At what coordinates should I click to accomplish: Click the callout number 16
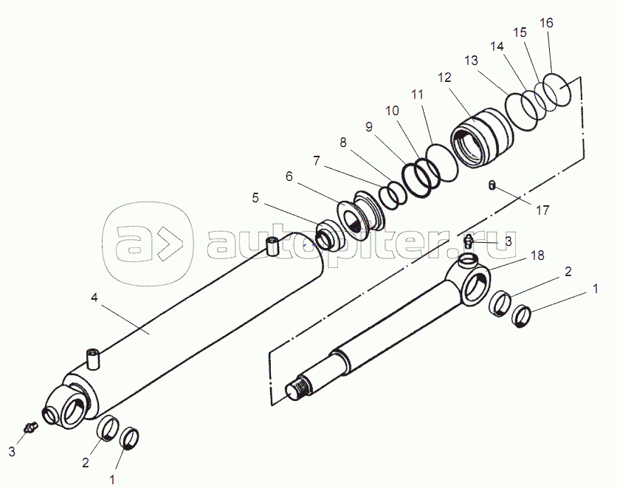point(546,23)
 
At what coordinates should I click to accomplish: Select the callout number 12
point(444,78)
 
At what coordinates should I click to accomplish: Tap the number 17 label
point(542,210)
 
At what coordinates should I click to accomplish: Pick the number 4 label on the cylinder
point(94,299)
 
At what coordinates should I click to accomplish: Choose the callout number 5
point(255,198)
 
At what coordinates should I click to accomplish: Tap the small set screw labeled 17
point(492,185)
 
